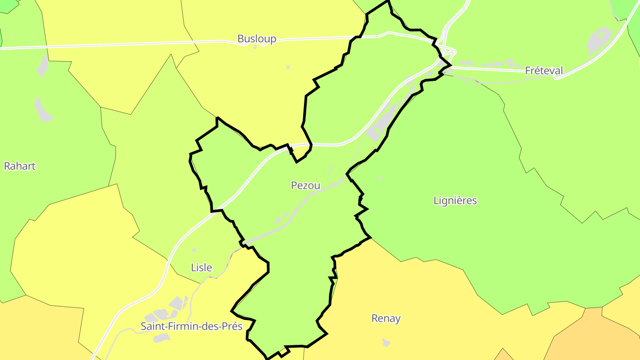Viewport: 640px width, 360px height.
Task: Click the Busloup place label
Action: (x=256, y=39)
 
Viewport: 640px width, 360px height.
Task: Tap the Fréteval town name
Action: (x=544, y=70)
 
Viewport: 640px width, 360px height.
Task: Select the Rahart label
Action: (x=20, y=166)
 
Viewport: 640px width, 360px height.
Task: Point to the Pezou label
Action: (x=305, y=185)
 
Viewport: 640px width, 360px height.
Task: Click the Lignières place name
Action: (x=455, y=200)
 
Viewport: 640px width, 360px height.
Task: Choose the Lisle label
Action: (x=201, y=268)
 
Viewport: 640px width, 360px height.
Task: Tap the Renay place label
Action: (x=386, y=318)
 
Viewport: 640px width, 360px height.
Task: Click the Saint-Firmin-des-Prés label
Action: (x=192, y=326)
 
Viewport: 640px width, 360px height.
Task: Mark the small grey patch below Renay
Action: (x=386, y=342)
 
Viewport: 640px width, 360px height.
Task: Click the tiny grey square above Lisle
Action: (x=194, y=250)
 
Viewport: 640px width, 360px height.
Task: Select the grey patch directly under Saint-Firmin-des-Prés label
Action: (x=161, y=338)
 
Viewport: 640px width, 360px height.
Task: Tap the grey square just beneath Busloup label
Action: (x=255, y=47)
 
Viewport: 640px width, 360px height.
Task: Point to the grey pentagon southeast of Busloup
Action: (x=288, y=68)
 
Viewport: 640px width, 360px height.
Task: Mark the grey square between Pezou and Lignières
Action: (x=380, y=178)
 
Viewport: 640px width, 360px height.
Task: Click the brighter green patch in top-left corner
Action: (x=8, y=5)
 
